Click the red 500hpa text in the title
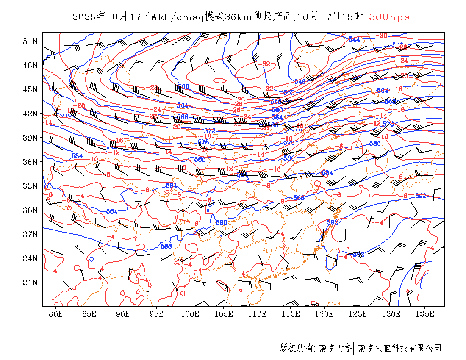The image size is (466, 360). click(389, 17)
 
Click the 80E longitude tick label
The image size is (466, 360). click(56, 314)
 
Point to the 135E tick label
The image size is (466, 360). click(425, 314)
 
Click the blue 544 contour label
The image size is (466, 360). click(354, 39)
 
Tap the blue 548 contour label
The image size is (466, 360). click(300, 82)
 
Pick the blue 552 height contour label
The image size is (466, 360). click(289, 92)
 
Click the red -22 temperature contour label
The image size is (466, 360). click(153, 116)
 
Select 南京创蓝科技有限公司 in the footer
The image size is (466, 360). click(400, 348)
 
